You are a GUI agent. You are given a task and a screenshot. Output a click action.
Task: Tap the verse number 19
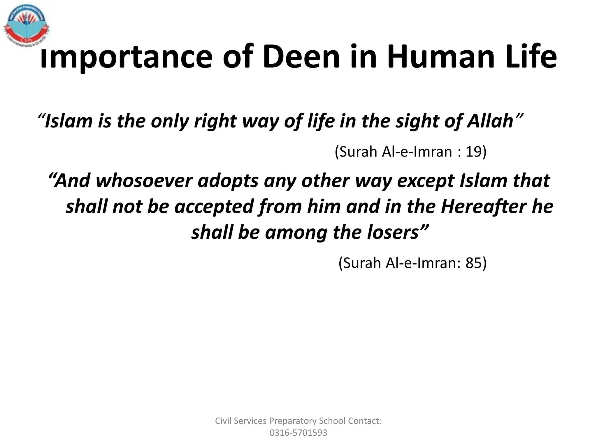[x=473, y=152]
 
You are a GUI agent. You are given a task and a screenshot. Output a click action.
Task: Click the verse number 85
[x=473, y=263]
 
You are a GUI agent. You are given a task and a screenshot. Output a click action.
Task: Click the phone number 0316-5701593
[x=298, y=433]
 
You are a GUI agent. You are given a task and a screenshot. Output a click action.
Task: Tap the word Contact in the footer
[x=365, y=421]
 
